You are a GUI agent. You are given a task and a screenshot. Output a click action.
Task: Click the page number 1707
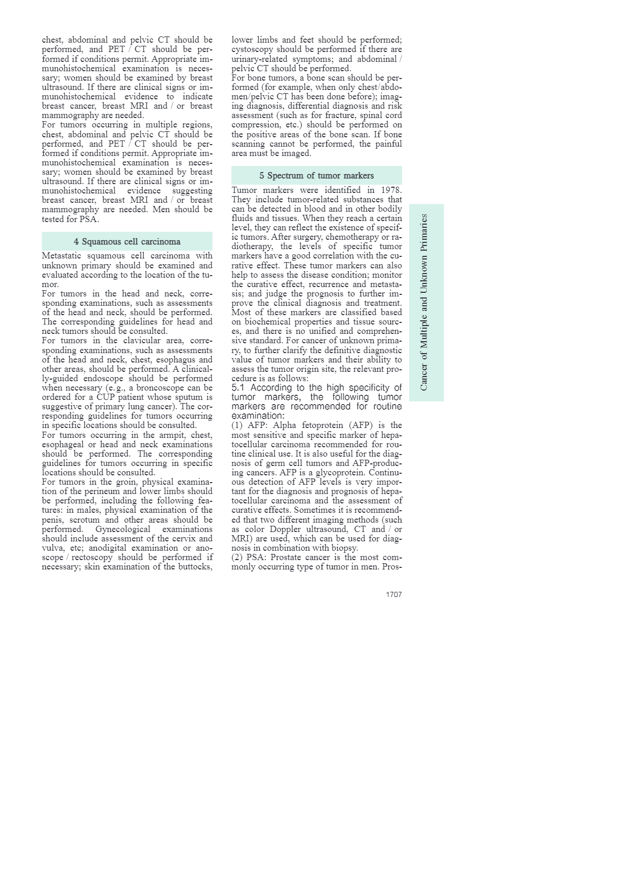tap(394, 594)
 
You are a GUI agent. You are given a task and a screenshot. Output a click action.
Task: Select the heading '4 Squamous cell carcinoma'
tap(127, 241)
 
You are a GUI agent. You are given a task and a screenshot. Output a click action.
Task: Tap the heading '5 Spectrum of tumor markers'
tap(316, 175)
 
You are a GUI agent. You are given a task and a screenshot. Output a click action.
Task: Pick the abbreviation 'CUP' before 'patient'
tap(105, 397)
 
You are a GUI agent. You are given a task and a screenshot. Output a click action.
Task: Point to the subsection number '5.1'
tap(238, 387)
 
